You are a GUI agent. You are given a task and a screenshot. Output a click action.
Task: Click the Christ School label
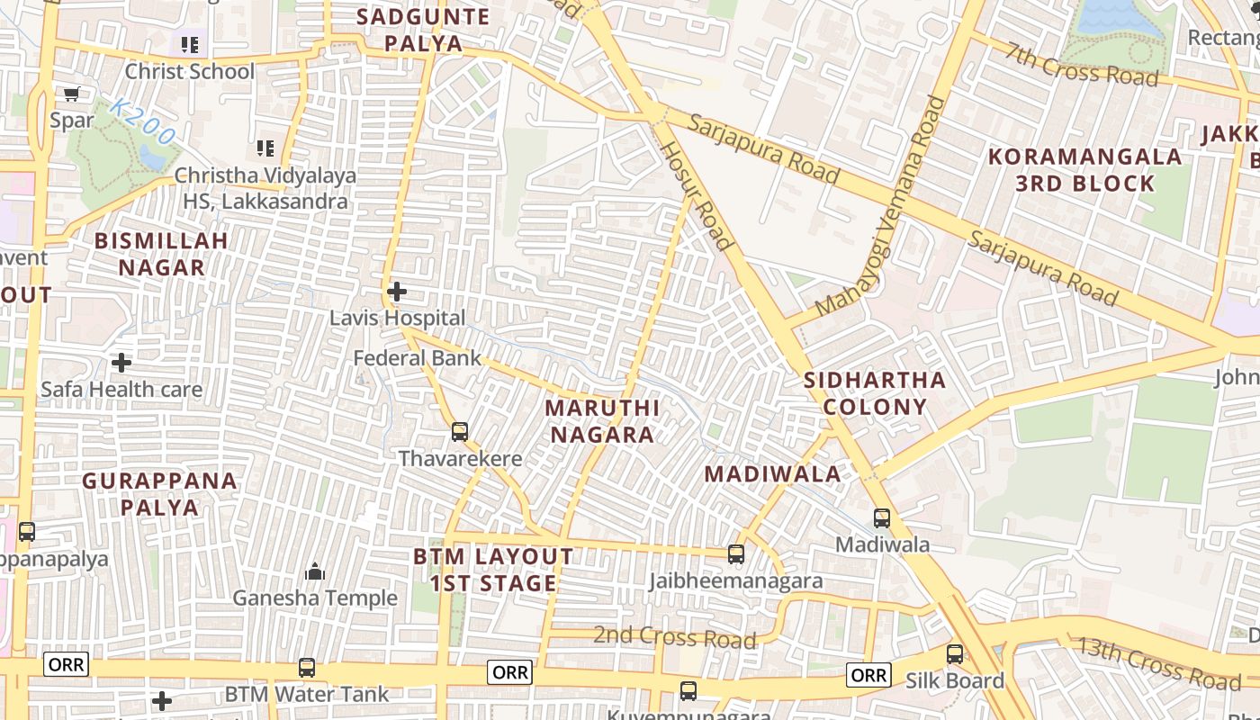point(190,71)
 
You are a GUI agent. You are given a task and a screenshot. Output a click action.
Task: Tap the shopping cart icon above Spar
point(72,94)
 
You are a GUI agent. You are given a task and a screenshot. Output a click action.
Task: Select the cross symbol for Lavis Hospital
point(396,292)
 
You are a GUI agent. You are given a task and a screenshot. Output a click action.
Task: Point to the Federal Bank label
point(417,358)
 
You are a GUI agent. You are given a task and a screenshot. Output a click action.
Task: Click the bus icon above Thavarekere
point(460,432)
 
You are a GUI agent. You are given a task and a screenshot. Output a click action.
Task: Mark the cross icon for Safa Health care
point(121,363)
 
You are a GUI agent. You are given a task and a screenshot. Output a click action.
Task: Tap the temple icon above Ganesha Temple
point(315,571)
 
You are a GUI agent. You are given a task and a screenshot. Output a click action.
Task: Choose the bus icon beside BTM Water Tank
point(307,668)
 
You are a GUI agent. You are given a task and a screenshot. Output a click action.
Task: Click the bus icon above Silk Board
point(955,654)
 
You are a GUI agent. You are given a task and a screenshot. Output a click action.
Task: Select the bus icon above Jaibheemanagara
point(736,554)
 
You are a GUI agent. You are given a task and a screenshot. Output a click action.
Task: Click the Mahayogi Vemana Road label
point(881,206)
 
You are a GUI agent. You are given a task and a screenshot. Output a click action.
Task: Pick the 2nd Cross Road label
point(674,637)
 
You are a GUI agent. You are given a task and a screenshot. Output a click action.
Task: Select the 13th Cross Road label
point(1160,664)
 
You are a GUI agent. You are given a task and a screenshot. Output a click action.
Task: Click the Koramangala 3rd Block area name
point(1084,170)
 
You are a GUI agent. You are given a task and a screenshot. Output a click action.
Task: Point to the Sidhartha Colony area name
point(874,393)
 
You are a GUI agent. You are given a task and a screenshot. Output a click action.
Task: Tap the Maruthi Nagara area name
point(602,421)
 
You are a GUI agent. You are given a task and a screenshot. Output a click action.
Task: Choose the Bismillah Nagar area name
point(162,254)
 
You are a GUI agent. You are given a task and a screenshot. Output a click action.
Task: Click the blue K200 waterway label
point(143,122)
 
